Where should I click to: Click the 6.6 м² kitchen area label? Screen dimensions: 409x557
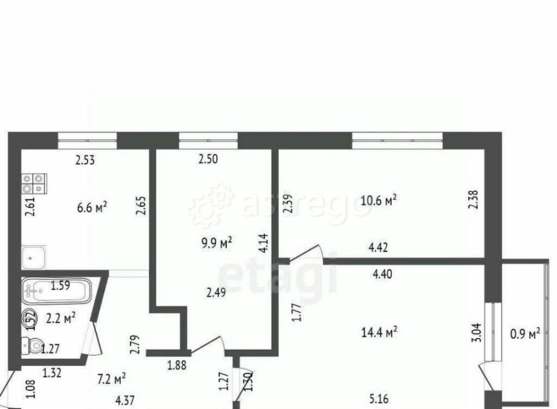pos(92,207)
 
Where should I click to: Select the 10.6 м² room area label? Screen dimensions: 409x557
pos(379,199)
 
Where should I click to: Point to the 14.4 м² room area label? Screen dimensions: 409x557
pos(379,332)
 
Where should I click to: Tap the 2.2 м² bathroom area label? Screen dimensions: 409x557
pos(61,318)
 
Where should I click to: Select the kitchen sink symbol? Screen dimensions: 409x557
pos(34,258)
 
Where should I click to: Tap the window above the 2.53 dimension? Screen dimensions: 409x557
pos(87,139)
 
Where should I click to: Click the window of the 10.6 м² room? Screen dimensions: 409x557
pos(397,139)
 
